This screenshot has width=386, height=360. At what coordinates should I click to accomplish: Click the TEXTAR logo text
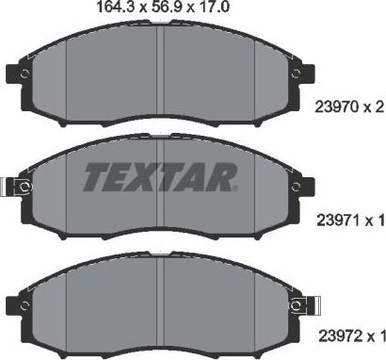click(163, 175)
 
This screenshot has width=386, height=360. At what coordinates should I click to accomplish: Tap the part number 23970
click(330, 108)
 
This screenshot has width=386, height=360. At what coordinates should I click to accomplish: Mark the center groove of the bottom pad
click(163, 302)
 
